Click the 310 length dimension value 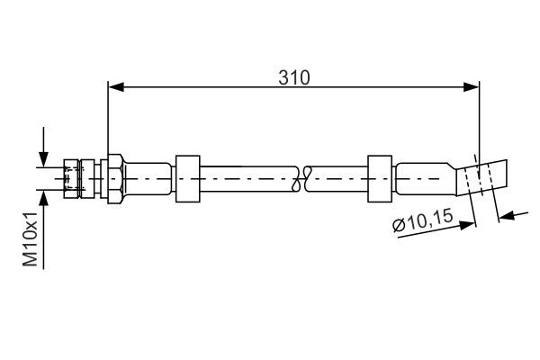(293, 77)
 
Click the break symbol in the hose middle (302, 177)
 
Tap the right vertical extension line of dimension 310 (479, 117)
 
